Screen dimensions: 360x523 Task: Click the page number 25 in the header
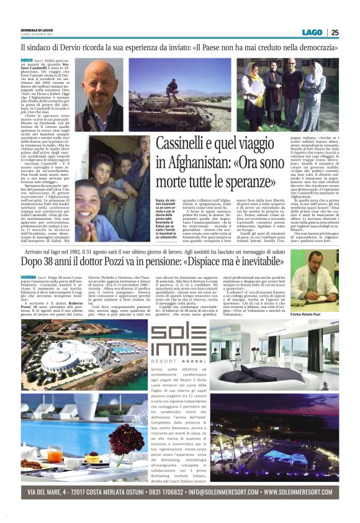tap(335, 33)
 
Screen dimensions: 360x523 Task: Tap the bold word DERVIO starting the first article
tap(27, 60)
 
